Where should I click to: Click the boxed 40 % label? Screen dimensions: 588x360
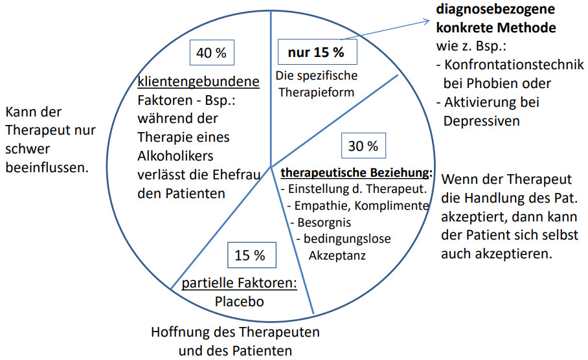[x=212, y=52]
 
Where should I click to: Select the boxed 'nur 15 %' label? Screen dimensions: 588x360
[x=317, y=52]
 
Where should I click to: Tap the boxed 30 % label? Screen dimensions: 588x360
[x=363, y=146]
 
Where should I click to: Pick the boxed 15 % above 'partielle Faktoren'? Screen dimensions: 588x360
[x=252, y=255]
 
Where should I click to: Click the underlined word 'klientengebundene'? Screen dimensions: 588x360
[x=198, y=82]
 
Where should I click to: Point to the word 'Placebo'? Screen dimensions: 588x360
[x=239, y=302]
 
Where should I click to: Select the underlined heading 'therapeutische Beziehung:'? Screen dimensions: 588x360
[x=357, y=172]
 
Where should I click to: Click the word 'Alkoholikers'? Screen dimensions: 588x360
[x=175, y=155]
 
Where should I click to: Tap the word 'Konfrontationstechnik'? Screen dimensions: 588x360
[x=514, y=65]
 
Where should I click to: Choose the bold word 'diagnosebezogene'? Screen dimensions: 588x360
[x=495, y=9]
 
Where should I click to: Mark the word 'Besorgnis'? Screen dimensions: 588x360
[x=324, y=222]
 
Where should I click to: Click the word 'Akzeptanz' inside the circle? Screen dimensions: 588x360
[x=337, y=255]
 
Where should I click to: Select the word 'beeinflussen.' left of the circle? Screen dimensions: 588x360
[x=47, y=168]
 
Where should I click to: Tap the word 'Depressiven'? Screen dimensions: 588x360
[x=482, y=120]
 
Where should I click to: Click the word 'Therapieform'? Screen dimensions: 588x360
[x=316, y=92]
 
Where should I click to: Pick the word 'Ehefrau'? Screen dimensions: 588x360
[x=236, y=175]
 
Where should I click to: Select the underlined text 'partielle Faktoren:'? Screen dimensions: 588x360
[x=239, y=283]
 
